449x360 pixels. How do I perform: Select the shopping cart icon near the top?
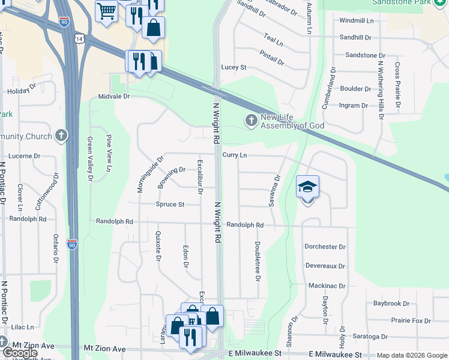coord(106,10)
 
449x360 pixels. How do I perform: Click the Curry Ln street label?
coord(235,155)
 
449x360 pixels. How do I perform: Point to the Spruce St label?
coord(170,205)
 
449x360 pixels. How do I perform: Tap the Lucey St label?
coord(234,67)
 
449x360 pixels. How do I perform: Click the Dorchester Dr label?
coord(325,247)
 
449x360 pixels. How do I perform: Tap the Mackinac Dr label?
coord(325,286)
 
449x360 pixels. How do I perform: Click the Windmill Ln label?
coord(356,20)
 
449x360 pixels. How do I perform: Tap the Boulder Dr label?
coord(355,89)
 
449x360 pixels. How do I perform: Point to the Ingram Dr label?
coord(354,106)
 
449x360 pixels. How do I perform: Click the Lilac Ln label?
coord(22,328)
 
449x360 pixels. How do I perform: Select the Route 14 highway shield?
coord(80,38)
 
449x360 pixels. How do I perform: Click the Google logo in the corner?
coord(20,352)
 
